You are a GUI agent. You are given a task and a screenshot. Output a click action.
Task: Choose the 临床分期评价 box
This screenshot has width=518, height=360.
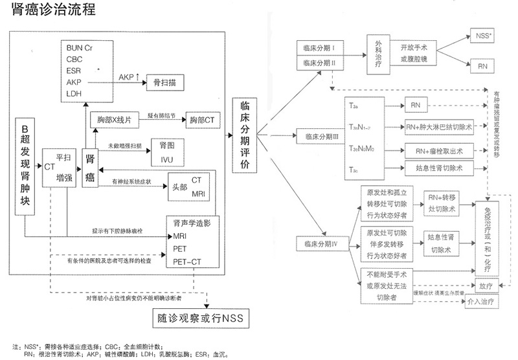245,135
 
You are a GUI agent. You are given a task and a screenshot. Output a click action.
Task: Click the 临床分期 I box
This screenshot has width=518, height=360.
317,49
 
